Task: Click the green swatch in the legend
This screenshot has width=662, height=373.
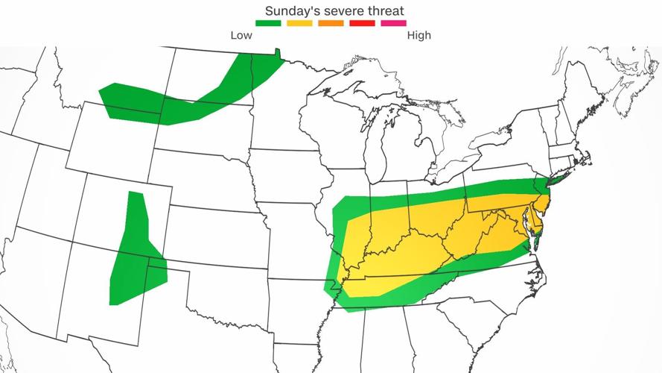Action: [268, 24]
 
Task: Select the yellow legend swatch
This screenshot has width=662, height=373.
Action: [299, 24]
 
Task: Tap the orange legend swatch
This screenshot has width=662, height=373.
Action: [331, 24]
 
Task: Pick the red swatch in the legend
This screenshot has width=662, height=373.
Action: [362, 24]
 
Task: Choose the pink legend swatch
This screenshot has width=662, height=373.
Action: [393, 24]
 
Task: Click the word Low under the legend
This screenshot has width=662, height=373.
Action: [241, 35]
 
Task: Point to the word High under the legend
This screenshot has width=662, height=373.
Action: [418, 35]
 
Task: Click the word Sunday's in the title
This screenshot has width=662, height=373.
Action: [292, 10]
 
